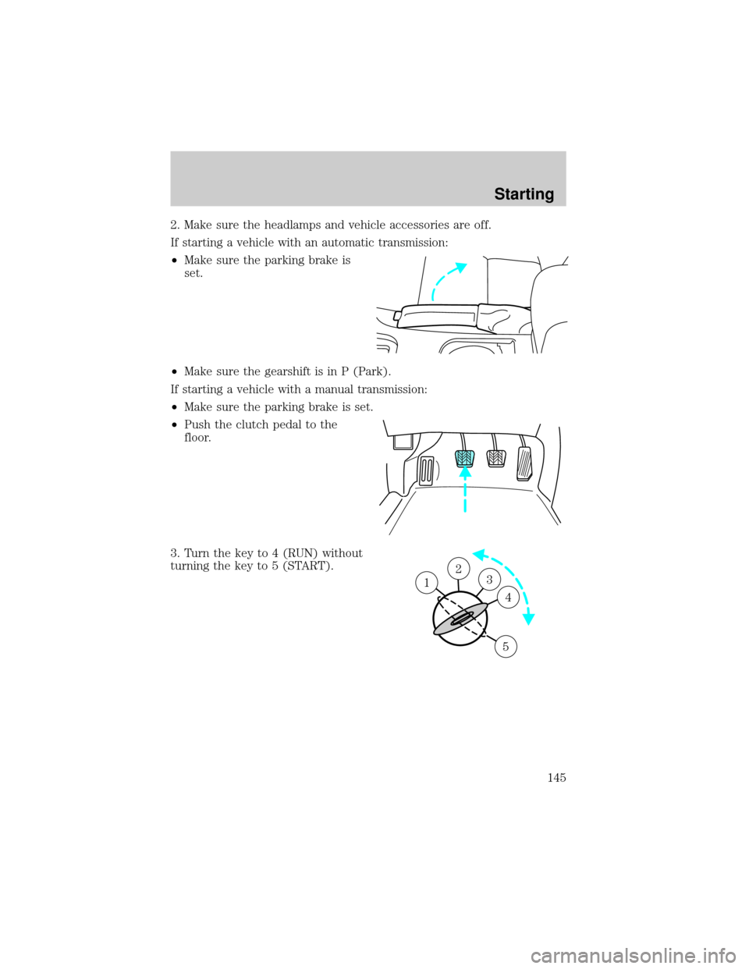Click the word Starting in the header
click(x=524, y=193)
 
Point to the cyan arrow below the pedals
click(x=465, y=490)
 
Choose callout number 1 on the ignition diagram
click(x=425, y=582)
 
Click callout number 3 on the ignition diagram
click(x=488, y=579)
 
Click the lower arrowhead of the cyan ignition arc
click(x=531, y=619)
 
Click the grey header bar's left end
click(x=176, y=178)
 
